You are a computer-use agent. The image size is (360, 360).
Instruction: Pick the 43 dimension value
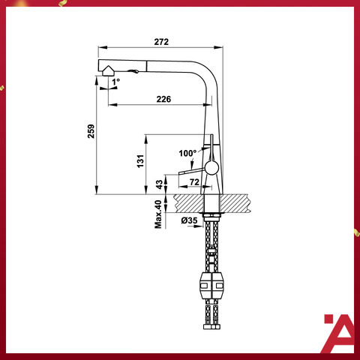[x=158, y=184]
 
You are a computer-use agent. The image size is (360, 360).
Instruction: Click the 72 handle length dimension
[x=193, y=182]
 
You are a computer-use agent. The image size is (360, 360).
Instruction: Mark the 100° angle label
[x=186, y=153]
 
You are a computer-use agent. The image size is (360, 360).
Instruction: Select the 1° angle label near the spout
[x=116, y=81]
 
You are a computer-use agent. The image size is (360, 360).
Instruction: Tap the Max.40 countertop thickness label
[x=158, y=214]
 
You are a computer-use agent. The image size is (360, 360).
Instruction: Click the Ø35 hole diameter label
[x=189, y=220]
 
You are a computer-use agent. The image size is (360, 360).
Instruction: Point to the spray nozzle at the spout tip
[x=109, y=69]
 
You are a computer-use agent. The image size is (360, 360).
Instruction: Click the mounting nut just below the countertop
[x=210, y=217]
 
